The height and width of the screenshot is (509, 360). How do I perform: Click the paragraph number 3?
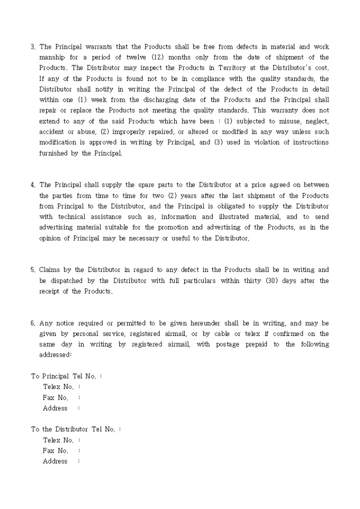pyautogui.click(x=33, y=47)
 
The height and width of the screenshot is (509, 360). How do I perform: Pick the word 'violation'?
pyautogui.click(x=256, y=142)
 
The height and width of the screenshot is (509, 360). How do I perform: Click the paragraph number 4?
pyautogui.click(x=33, y=185)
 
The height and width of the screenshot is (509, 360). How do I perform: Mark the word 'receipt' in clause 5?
pyautogui.click(x=51, y=291)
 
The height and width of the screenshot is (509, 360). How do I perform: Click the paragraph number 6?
pyautogui.click(x=33, y=323)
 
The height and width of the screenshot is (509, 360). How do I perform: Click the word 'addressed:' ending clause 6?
pyautogui.click(x=55, y=355)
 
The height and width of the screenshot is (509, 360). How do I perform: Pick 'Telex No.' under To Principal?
pyautogui.click(x=58, y=387)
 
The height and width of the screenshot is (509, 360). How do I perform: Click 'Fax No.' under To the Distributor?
pyautogui.click(x=56, y=451)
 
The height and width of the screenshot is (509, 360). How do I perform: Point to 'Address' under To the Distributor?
pyautogui.click(x=55, y=461)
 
